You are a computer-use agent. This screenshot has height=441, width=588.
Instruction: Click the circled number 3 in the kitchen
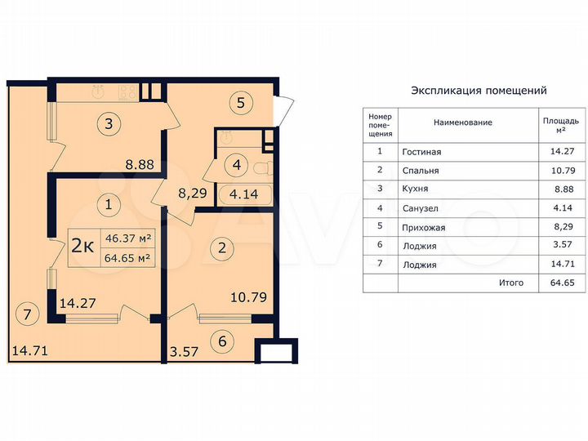109,124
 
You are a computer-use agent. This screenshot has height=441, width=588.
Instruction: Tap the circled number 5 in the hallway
240,104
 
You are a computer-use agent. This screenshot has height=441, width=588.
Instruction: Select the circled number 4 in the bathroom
236,165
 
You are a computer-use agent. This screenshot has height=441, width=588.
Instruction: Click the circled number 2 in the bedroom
220,247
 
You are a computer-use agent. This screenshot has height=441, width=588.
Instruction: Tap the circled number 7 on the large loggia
28,313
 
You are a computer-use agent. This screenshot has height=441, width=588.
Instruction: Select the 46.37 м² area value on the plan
129,238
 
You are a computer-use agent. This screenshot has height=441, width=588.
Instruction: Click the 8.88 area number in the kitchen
140,163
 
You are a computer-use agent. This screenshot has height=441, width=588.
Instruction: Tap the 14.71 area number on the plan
29,352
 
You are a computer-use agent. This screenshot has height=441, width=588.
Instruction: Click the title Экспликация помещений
479,91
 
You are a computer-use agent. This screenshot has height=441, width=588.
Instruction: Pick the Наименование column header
462,122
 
